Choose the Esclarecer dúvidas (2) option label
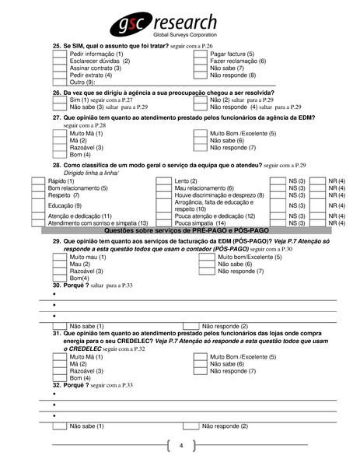pos(96,61)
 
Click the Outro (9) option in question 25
pos(82,82)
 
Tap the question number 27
pos(57,117)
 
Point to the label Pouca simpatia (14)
pos(198,222)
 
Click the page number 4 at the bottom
pos(180,446)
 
